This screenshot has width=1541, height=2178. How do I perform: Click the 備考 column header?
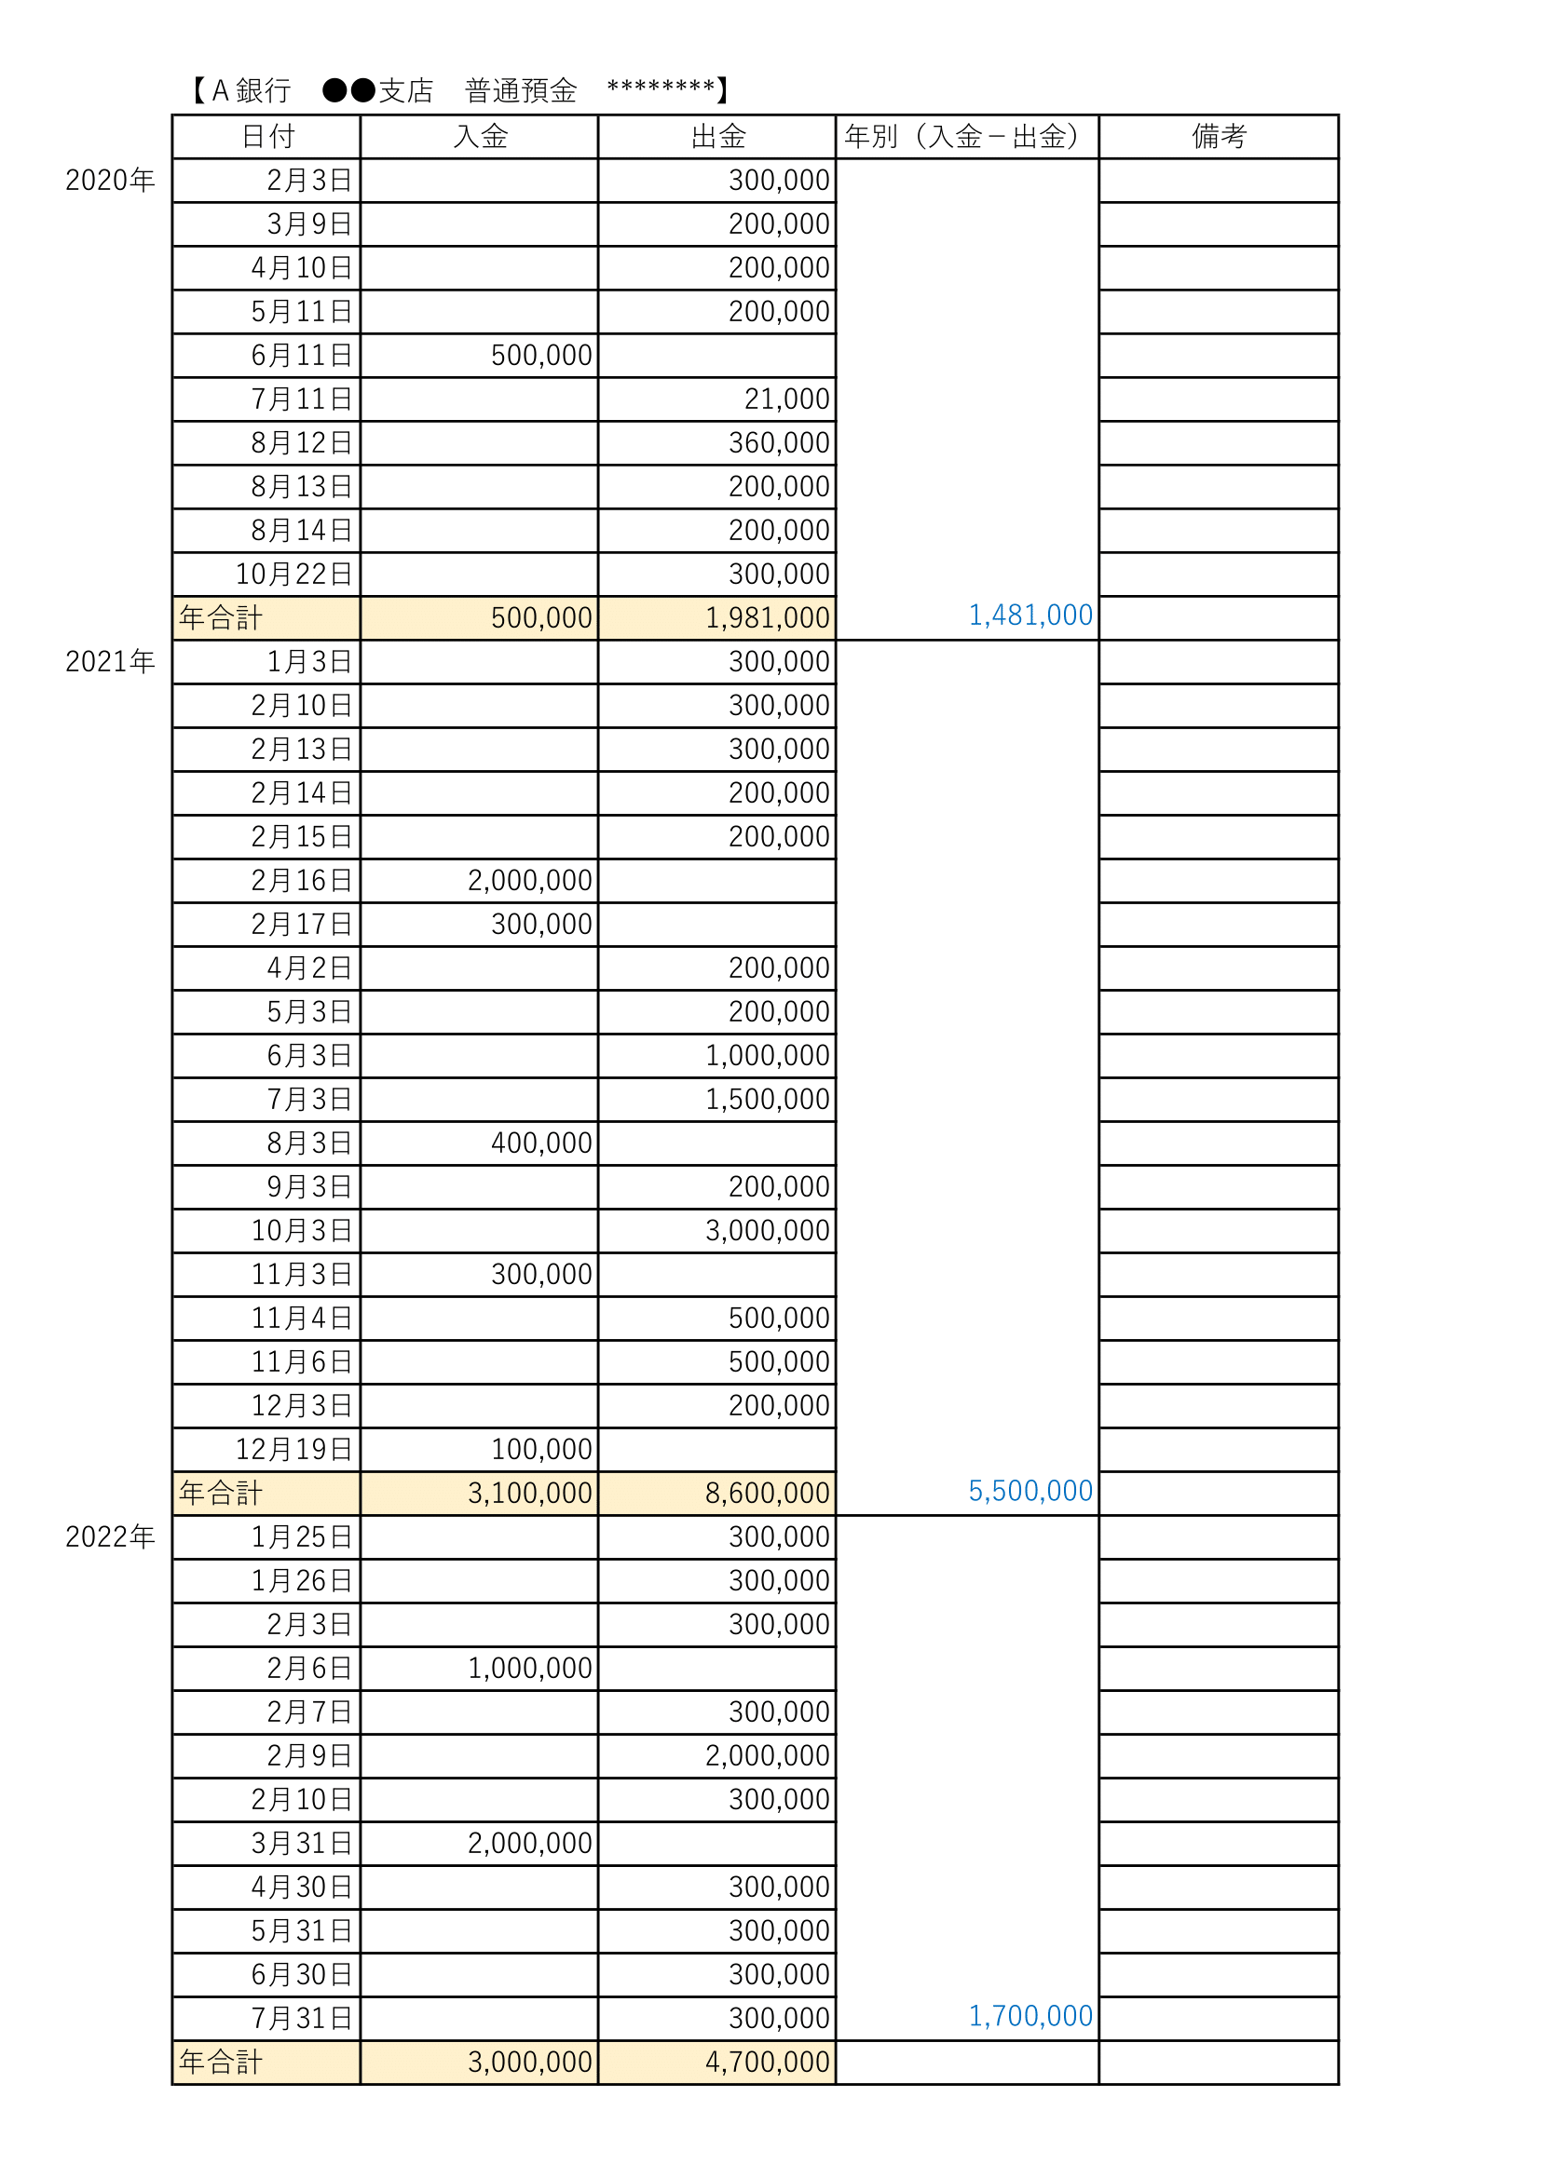pos(1219,137)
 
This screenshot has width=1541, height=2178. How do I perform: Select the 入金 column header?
pos(480,137)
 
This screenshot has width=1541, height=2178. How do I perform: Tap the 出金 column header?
pos(718,137)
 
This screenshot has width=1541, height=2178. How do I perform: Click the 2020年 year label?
pos(110,181)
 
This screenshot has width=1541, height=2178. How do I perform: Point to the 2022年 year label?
pos(110,1536)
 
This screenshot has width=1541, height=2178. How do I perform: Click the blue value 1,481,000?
pos(1030,616)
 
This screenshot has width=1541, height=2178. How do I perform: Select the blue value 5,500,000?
pos(1030,1491)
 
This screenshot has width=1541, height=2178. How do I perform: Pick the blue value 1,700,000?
pos(1030,2016)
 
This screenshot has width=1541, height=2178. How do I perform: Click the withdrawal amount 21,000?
pos(786,399)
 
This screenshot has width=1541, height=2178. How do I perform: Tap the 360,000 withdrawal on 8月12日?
pos(779,443)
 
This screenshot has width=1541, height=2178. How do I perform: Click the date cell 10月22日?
pos(294,574)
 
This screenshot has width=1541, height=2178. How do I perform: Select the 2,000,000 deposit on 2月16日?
pos(529,880)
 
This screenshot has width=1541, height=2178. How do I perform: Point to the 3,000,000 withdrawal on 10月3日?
pos(768,1230)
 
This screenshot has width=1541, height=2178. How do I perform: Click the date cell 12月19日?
pos(294,1450)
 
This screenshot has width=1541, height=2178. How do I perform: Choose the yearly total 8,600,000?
pos(768,1493)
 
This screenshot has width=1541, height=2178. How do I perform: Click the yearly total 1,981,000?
pos(768,617)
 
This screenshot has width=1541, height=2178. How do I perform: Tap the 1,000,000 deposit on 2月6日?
pos(529,1668)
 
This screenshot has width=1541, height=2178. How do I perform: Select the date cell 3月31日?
pos(302,1843)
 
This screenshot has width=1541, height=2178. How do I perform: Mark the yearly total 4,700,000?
pos(768,2063)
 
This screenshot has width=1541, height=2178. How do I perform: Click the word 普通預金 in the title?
pos(521,91)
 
